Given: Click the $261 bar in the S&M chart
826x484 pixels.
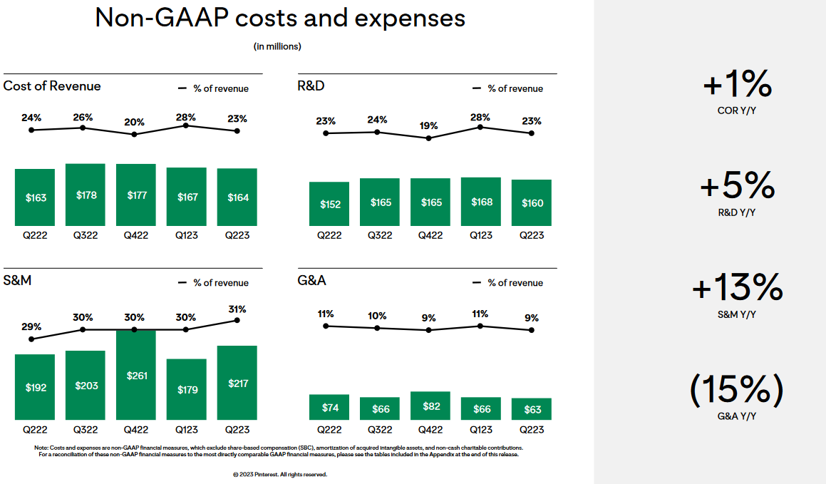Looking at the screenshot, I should point(136,375).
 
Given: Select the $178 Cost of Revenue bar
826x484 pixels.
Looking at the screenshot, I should point(86,195).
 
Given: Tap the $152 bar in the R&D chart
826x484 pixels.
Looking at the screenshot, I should point(329,204).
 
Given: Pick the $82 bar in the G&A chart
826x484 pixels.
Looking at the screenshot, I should point(430,406).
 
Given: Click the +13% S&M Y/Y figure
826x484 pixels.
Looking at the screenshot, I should point(737,289).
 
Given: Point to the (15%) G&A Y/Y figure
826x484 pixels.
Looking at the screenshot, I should point(737,390).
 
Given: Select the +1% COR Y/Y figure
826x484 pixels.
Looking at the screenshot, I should point(737,86).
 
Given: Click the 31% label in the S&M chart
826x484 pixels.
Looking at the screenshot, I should point(237,309).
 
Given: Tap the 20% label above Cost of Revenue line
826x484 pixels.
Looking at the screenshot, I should point(134,121).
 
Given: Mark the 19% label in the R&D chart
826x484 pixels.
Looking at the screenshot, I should point(428,125).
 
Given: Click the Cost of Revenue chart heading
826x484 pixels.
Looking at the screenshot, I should point(52,86).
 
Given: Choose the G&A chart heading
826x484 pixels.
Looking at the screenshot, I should point(311,280).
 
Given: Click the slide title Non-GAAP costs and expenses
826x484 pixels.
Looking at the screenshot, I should point(280,18).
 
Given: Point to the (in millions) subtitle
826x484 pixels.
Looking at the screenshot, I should point(277,46).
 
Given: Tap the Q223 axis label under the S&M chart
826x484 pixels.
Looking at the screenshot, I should point(237,430).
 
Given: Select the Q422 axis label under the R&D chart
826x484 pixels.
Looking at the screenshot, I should point(430,236).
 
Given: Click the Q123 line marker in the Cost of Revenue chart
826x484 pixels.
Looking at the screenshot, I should point(186,125).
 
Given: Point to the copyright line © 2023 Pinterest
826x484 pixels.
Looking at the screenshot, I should point(280,474).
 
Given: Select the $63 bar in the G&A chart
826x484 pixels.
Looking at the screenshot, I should point(532,408).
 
